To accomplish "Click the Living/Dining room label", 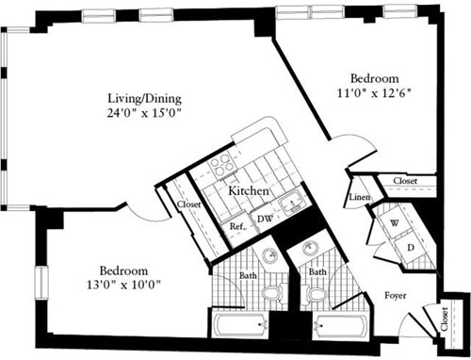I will [x=144, y=97].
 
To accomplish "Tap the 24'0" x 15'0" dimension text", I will [x=144, y=112].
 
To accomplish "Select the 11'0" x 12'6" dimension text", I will [x=375, y=93].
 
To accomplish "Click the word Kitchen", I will [x=250, y=191].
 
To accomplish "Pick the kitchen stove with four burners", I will [x=220, y=165].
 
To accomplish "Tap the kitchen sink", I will [x=291, y=199].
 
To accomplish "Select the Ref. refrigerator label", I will [x=237, y=225].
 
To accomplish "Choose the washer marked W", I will [x=395, y=223].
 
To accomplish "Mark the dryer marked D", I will [x=411, y=247].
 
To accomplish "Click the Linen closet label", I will [x=359, y=197].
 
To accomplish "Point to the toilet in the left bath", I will [x=271, y=296].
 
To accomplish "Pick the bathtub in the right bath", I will [x=341, y=331].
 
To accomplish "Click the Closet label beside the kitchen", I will [x=184, y=208].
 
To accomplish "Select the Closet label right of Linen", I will [x=406, y=179].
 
